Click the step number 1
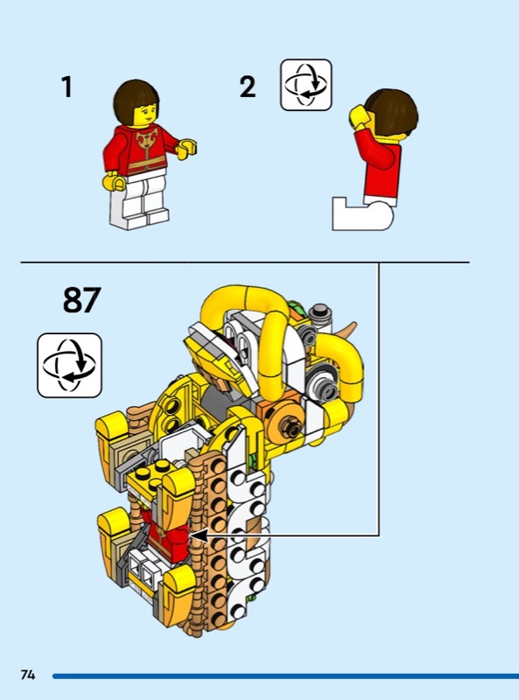tap(67, 87)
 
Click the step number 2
tap(248, 87)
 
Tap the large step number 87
tap(81, 299)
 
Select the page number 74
tap(28, 674)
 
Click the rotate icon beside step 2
tap(306, 85)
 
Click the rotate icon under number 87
tap(70, 365)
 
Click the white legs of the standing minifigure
tap(138, 201)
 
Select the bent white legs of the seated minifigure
tap(362, 214)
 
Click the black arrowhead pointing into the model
tap(199, 535)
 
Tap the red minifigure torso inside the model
tap(166, 535)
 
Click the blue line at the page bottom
tap(286, 675)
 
